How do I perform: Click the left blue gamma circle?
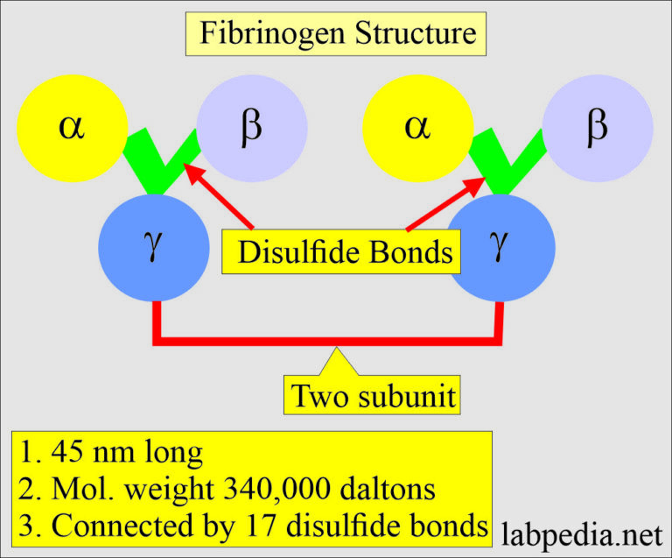tap(154, 247)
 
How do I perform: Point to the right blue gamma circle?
tap(501, 247)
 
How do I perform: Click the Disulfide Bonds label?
tap(346, 253)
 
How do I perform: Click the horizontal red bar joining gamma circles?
tap(328, 336)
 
